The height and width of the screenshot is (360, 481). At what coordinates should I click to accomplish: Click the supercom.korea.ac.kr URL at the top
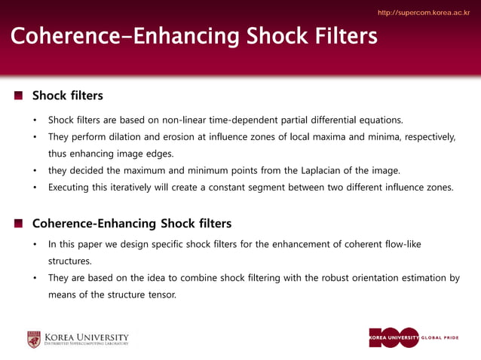click(423, 13)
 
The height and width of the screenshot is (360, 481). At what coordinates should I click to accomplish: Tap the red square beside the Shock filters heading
click(18, 96)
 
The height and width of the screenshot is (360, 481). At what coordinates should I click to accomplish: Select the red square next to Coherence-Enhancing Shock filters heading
click(18, 224)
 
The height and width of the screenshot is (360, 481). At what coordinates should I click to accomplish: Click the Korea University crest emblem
click(34, 340)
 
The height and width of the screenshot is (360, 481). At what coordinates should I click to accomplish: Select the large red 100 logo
click(394, 337)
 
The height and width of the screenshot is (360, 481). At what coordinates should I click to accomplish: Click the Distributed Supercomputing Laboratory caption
click(86, 343)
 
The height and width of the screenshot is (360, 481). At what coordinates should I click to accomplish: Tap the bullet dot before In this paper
click(34, 245)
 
